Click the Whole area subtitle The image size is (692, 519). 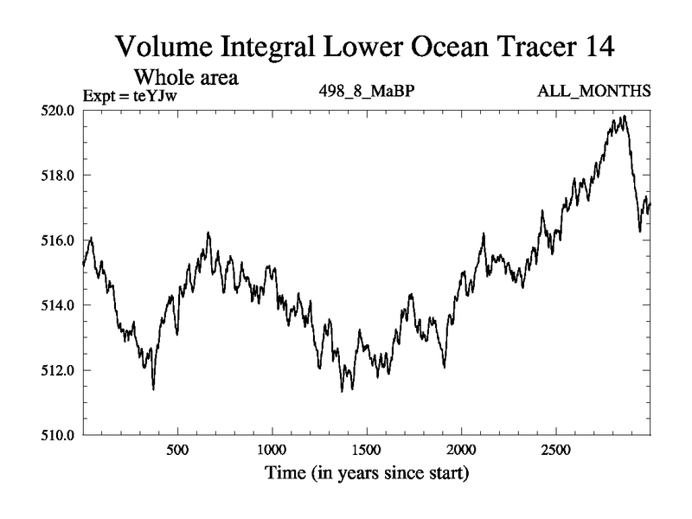tap(184, 77)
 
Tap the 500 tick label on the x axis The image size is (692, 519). tap(177, 452)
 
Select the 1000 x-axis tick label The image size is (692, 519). tap(272, 452)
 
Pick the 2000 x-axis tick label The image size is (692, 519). tap(461, 452)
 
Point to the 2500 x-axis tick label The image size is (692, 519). tap(555, 452)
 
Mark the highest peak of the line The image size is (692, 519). tap(622, 116)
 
